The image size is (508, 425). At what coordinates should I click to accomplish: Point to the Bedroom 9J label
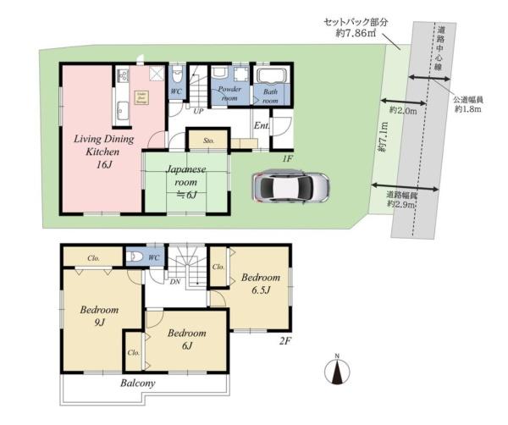tap(98, 318)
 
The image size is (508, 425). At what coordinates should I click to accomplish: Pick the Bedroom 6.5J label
tap(260, 284)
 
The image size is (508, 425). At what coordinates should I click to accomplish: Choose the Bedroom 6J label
tap(185, 339)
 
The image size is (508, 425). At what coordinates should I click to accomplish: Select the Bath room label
tap(270, 95)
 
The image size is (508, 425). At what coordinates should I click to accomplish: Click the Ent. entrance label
tap(262, 127)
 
